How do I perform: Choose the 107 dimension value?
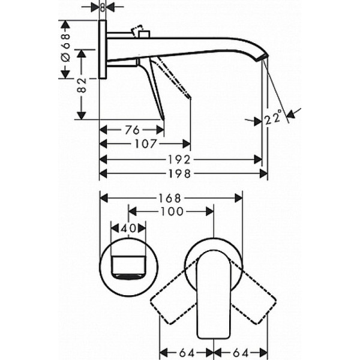point(145,145)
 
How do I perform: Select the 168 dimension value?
point(171,197)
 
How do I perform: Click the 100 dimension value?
point(172,211)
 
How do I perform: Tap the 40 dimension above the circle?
point(128,228)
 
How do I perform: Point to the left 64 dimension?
point(186,351)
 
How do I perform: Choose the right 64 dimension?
point(241,351)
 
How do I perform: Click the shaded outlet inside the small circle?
point(128,276)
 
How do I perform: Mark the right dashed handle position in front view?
point(252,300)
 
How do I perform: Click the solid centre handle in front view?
point(213,288)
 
